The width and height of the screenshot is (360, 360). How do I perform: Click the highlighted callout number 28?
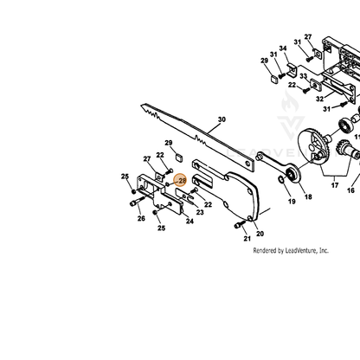[x=183, y=181]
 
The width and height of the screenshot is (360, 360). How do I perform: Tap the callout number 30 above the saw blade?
[x=222, y=119]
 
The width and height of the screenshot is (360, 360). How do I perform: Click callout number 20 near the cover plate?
[x=260, y=234]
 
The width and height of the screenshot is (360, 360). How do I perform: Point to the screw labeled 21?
[x=239, y=225]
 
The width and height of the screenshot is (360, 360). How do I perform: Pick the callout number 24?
[x=190, y=222]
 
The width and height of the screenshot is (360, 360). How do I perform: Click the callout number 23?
[x=200, y=212]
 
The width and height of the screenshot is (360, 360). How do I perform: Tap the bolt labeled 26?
[x=138, y=202]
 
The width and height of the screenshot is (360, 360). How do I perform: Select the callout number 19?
[x=292, y=202]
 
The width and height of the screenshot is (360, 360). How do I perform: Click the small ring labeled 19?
[x=281, y=179]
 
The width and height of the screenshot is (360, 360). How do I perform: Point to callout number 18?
[x=308, y=196]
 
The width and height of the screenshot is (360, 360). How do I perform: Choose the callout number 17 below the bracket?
[x=335, y=185]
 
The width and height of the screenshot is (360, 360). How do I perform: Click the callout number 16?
[x=350, y=190]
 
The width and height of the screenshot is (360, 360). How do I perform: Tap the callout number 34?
[x=283, y=48]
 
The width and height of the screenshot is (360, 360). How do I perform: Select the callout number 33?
[x=303, y=76]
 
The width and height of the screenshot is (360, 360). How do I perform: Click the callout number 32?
[x=319, y=99]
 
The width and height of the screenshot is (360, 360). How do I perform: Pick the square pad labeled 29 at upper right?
[x=274, y=79]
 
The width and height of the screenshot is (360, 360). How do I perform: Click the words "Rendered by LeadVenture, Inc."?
[x=291, y=250]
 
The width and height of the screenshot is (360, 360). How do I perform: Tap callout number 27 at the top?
[x=308, y=37]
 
